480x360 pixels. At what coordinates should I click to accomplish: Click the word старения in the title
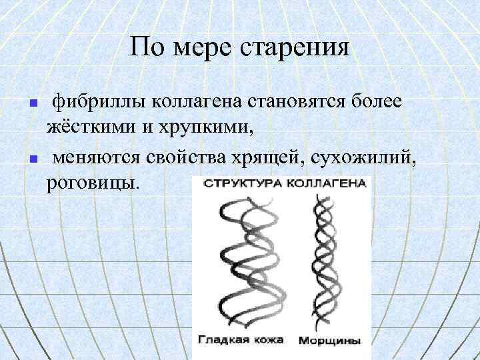[x=295, y=48]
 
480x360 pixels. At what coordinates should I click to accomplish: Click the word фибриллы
[x=99, y=101]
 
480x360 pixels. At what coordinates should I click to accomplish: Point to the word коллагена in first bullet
[x=199, y=101]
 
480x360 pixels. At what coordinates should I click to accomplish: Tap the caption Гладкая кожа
[x=241, y=339]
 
